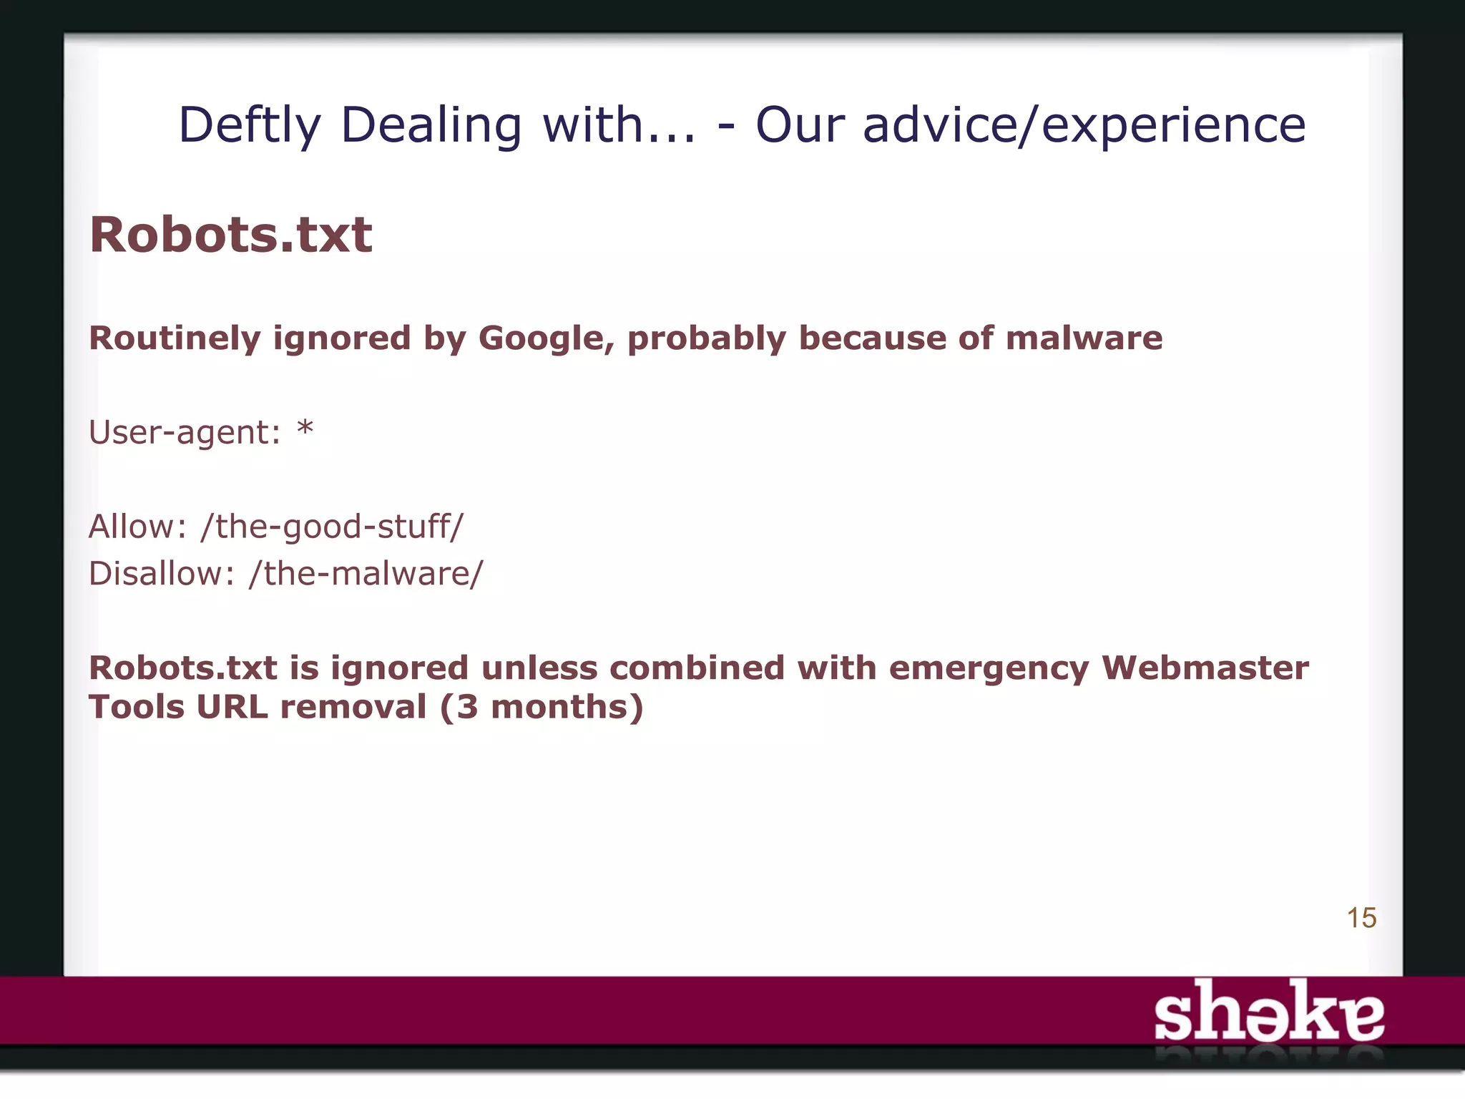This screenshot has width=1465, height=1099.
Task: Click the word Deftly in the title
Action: (250, 126)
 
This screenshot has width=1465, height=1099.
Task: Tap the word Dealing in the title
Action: (431, 125)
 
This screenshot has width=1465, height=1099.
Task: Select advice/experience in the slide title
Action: (1084, 126)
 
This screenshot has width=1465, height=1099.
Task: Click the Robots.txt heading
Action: (230, 235)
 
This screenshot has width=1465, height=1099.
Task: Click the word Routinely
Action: (175, 338)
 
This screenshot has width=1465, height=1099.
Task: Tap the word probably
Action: (707, 338)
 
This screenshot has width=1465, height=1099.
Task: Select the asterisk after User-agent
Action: (305, 429)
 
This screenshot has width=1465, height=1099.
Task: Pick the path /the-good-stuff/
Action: (333, 527)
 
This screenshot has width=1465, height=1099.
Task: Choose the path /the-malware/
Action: (366, 574)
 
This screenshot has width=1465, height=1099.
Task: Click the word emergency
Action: (989, 669)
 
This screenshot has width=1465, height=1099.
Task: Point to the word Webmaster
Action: (1205, 668)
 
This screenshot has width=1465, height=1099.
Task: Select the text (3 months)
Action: (542, 707)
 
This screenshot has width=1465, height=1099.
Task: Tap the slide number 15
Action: (1361, 918)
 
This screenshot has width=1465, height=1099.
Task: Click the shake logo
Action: (1269, 1011)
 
